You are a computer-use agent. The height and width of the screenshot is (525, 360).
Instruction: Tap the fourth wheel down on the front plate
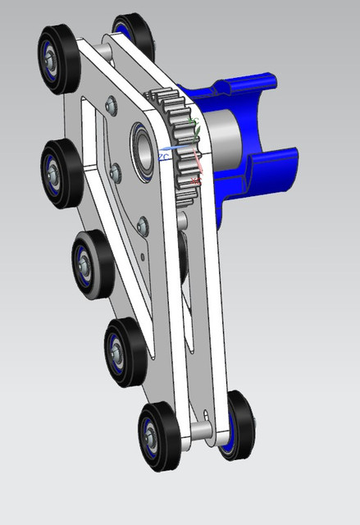122,349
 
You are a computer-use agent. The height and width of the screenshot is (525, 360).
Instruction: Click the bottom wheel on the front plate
157,436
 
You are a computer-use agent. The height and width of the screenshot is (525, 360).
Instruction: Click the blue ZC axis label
164,155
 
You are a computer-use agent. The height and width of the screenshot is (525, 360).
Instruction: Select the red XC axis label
194,179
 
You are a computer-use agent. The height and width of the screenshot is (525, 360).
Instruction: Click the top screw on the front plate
111,105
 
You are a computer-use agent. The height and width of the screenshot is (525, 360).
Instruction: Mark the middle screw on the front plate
115,171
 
